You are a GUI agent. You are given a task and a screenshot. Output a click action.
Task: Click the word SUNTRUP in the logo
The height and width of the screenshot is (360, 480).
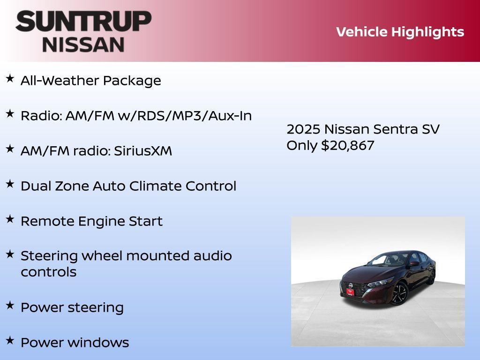pyautogui.click(x=83, y=21)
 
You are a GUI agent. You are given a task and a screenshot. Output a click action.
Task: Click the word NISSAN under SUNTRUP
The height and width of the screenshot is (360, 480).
pyautogui.click(x=83, y=44)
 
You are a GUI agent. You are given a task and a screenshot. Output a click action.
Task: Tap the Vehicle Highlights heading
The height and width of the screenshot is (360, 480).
pyautogui.click(x=400, y=32)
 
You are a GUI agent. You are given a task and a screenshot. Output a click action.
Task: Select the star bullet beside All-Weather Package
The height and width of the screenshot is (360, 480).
pyautogui.click(x=10, y=79)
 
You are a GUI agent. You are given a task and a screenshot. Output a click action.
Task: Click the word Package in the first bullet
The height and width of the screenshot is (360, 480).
pyautogui.click(x=132, y=81)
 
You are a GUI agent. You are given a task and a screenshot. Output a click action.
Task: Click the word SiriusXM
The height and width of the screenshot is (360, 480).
pyautogui.click(x=143, y=151)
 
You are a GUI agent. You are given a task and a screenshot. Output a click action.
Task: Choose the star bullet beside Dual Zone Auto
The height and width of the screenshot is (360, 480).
pyautogui.click(x=10, y=184)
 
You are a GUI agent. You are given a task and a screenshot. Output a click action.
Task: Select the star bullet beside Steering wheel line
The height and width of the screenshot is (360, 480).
pyautogui.click(x=10, y=255)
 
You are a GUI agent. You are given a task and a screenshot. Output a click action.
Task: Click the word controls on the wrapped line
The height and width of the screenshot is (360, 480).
pyautogui.click(x=48, y=272)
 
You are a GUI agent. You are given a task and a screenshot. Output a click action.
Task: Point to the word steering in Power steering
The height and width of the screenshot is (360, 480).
pyautogui.click(x=96, y=307)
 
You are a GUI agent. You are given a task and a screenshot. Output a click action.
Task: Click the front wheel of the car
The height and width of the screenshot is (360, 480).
pyautogui.click(x=399, y=293)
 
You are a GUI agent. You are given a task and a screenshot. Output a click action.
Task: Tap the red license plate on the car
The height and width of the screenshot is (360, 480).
pyautogui.click(x=350, y=292)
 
